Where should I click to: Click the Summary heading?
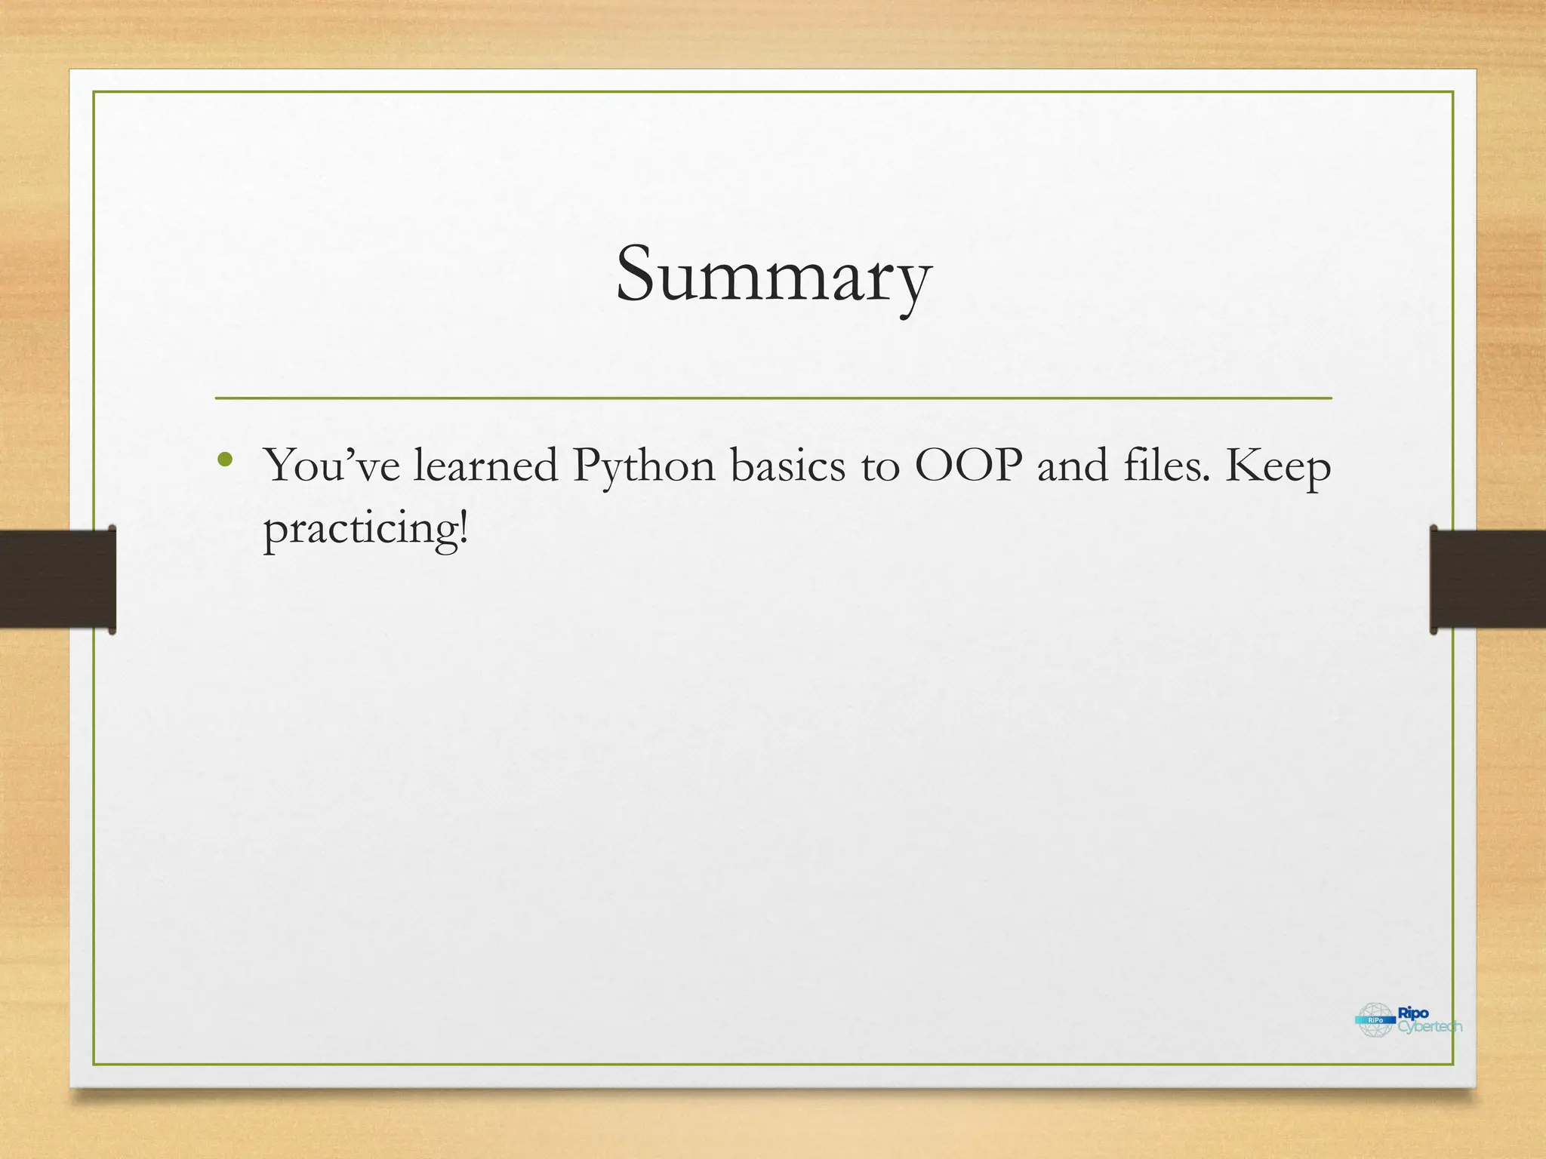[x=773, y=275]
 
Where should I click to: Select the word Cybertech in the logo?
[x=1430, y=1027]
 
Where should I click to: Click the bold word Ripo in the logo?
[x=1413, y=1013]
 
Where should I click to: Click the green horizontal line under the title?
[x=773, y=398]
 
